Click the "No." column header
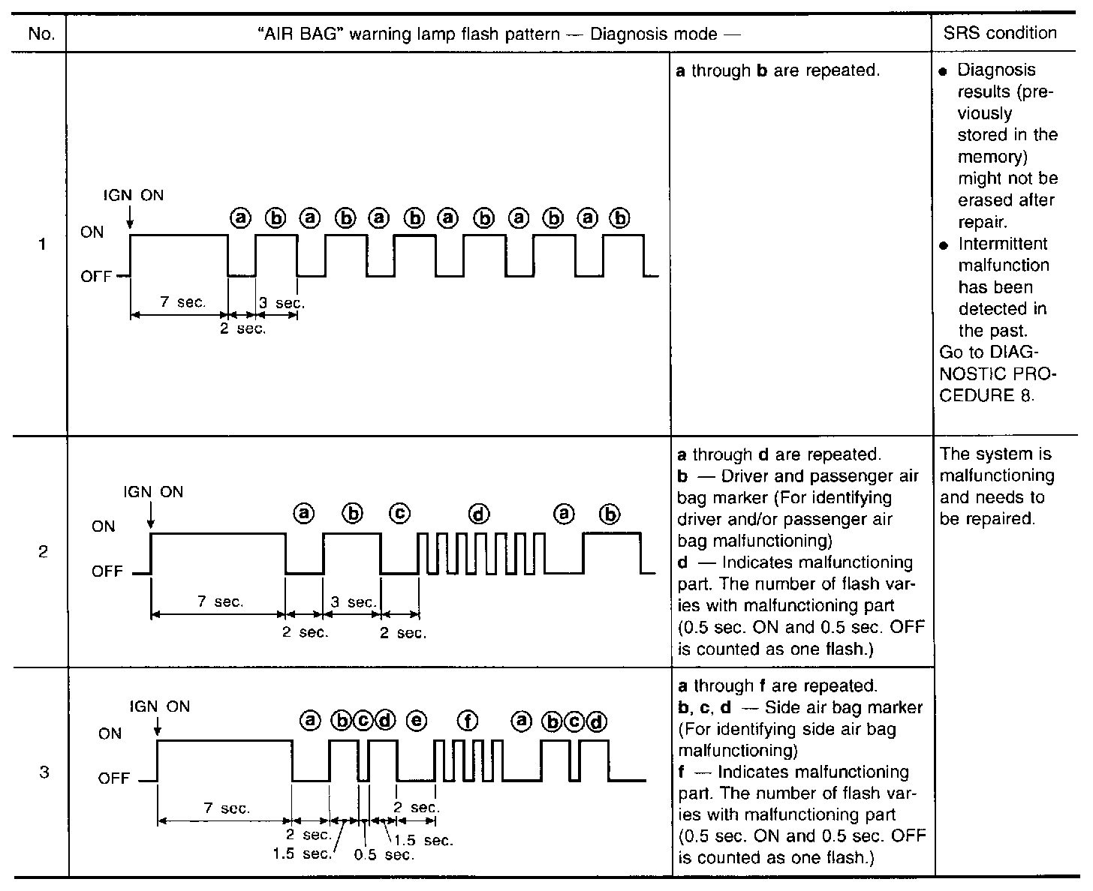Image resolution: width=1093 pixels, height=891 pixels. coord(41,34)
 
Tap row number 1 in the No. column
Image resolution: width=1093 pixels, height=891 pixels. coord(42,244)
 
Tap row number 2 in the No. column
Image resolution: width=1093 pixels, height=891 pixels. coord(43,552)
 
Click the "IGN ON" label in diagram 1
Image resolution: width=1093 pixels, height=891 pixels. coord(133,196)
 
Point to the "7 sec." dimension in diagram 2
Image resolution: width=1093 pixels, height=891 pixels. coord(220,602)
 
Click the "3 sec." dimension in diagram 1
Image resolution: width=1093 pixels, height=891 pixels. coord(282,304)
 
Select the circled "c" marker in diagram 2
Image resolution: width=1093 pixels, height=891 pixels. coord(400,514)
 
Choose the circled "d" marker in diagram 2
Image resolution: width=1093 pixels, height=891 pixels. coord(479,514)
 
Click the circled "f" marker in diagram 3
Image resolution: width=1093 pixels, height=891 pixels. coord(468,721)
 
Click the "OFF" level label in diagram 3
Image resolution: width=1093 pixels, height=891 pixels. coord(114,778)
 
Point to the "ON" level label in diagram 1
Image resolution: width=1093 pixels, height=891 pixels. coord(92,232)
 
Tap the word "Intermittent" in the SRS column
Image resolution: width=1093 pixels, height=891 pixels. coord(1003,244)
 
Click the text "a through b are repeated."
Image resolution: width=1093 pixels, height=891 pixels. coord(778,71)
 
